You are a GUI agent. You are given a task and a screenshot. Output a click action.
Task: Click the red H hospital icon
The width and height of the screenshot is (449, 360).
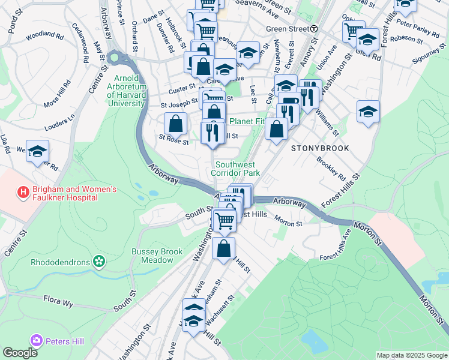click(23, 192)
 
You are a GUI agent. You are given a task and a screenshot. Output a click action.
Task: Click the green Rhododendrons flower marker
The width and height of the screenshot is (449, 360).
click(99, 261)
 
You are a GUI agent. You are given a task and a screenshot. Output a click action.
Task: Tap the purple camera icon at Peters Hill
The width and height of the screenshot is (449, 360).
click(37, 341)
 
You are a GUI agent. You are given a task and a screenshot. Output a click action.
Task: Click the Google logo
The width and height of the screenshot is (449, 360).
click(20, 352)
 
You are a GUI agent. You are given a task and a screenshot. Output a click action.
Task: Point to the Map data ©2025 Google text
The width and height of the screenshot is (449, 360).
click(412, 355)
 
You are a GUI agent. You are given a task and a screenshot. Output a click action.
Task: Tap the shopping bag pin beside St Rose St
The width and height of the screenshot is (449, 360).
click(175, 124)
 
